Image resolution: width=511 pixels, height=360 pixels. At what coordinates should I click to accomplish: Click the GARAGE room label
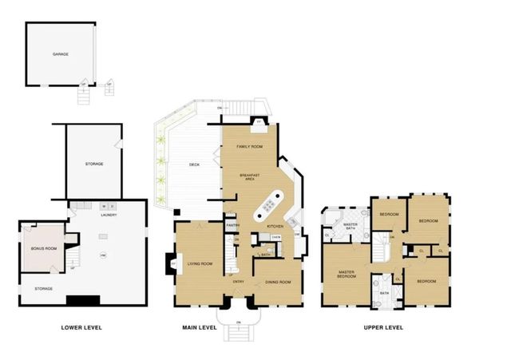pos(60,54)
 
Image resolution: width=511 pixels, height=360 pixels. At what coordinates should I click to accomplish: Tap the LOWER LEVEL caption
pos(81,327)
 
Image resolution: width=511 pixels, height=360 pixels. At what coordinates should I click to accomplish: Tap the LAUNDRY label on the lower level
pos(109,216)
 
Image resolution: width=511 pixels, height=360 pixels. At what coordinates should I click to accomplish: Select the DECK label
pos(194,165)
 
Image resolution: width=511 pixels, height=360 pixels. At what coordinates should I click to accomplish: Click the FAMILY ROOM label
pos(250,148)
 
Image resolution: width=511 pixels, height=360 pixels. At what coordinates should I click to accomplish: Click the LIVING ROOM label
pos(199,264)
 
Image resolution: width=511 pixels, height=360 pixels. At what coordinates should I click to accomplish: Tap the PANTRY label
pos(232,226)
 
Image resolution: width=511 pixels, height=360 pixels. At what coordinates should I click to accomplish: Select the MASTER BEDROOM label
pos(345,275)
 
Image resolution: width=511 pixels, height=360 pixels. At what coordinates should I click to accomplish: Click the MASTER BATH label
pos(350,227)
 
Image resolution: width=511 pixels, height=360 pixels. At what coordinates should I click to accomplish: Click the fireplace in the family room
pos(259,123)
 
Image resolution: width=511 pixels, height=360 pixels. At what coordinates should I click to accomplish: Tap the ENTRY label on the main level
pos(238,281)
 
